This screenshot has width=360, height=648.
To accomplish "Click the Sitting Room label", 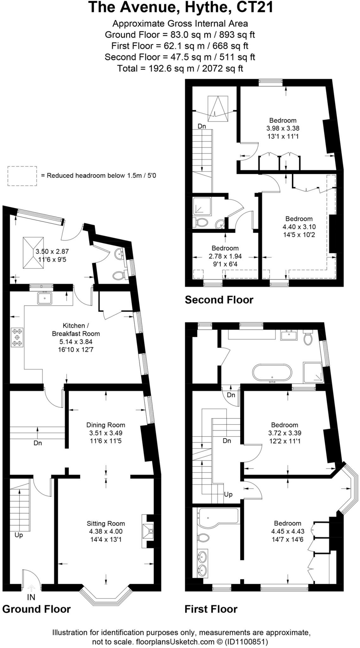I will click(x=106, y=523).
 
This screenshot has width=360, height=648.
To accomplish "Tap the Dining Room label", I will click(x=106, y=425).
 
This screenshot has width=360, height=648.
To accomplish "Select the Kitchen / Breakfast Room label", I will click(x=76, y=329).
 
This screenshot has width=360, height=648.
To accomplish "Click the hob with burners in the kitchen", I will click(x=17, y=338).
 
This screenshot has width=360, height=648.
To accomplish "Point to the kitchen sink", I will click(x=45, y=298).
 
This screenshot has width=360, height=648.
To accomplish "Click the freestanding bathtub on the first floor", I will click(x=272, y=373).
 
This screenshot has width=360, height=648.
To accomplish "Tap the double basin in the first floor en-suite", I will click(x=203, y=564).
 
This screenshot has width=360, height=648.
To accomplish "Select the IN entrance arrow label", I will click(x=31, y=597).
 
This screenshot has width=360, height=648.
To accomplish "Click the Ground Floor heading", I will click(x=36, y=609).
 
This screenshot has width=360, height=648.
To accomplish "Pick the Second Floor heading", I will click(x=219, y=300).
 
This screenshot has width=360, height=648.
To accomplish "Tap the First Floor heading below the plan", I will click(x=211, y=609).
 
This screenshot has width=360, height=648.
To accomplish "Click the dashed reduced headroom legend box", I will click(x=22, y=176).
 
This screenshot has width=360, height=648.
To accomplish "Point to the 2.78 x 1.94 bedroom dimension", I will click(x=225, y=256).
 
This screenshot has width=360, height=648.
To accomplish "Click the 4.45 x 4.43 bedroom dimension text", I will click(x=287, y=531).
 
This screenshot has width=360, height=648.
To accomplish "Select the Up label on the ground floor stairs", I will click(x=19, y=535).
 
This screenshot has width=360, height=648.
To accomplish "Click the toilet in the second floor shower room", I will click(x=201, y=222).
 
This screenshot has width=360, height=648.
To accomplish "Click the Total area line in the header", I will click(x=180, y=68).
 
